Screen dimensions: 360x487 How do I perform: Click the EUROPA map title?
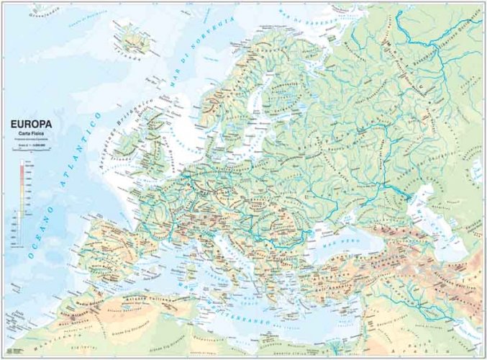[32, 123]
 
